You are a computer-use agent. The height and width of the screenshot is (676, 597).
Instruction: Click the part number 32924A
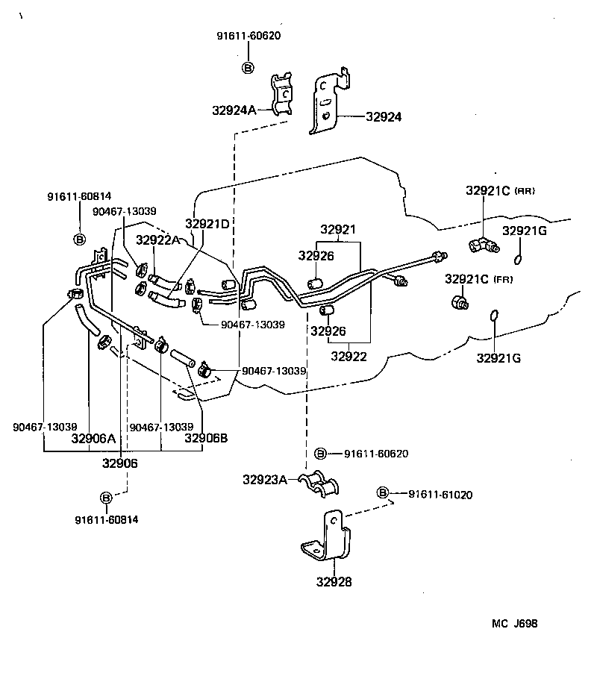tap(234, 110)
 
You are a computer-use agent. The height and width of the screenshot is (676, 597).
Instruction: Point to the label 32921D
tap(207, 223)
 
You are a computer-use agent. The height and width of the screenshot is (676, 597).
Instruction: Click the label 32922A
tap(158, 240)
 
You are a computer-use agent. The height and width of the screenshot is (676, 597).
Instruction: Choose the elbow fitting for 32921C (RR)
tap(478, 244)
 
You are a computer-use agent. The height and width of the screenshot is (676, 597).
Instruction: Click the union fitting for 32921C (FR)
tap(460, 301)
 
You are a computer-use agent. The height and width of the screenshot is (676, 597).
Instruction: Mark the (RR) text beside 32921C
tap(525, 192)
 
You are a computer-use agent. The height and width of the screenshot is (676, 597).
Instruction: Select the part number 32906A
tap(93, 439)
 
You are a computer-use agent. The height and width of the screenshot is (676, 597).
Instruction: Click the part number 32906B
tap(206, 439)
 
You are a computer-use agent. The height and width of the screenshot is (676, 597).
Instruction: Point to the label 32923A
tap(264, 480)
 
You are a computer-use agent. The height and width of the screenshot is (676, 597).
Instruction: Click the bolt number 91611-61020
tap(440, 494)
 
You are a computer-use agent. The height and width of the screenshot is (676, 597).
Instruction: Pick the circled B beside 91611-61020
tap(383, 493)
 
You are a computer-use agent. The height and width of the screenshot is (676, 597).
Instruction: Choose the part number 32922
tap(348, 357)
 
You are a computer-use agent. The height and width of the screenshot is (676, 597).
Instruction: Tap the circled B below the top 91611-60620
tap(249, 67)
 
